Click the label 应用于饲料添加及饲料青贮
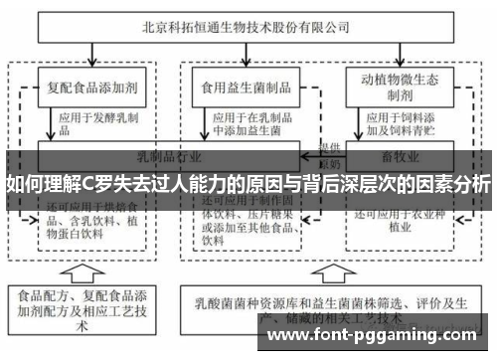tap(398, 122)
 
